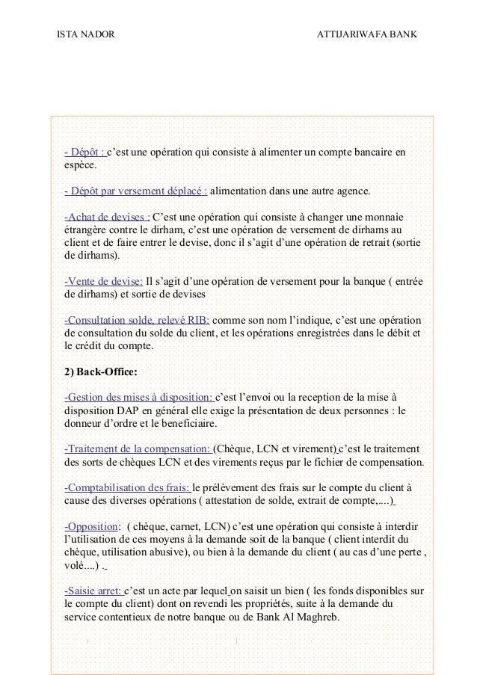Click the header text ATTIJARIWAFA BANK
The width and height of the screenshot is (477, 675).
coord(368,36)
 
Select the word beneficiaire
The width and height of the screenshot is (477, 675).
coord(180,423)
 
